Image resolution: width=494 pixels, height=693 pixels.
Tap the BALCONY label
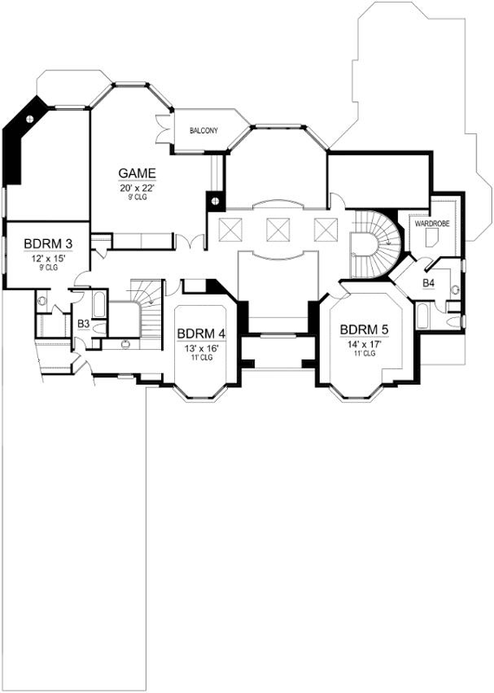[204, 131]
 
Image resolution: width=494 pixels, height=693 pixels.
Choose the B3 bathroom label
[84, 324]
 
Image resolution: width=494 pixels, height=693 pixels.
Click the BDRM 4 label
[200, 334]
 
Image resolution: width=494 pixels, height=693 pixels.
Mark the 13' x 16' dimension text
[200, 347]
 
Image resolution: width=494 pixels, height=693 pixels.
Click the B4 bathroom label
[428, 283]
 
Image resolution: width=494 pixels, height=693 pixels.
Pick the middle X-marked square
[277, 229]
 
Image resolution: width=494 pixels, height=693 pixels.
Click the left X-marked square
[231, 229]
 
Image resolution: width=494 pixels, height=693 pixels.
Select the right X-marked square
[325, 229]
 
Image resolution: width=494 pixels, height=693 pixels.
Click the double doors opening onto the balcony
[160, 126]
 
